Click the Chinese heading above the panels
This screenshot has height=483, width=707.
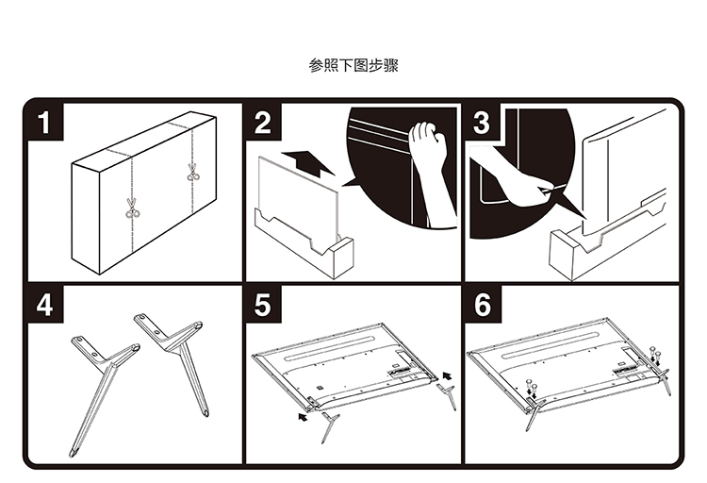[353, 66]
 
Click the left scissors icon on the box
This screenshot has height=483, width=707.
[132, 209]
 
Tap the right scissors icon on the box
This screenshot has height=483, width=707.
[193, 173]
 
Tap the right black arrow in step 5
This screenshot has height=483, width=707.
[447, 375]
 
